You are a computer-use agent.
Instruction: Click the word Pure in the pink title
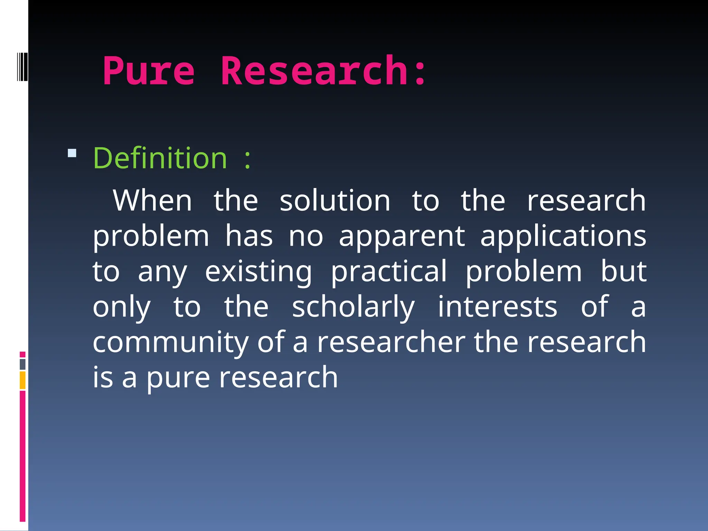pos(149,71)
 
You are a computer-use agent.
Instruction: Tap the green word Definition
pos(160,158)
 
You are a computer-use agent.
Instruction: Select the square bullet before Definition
pos(72,153)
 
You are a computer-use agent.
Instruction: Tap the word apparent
pos(402,237)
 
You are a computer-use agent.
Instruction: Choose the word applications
pos(563,237)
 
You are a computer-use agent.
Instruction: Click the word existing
pos(258,272)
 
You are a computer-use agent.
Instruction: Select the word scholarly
pos(353,308)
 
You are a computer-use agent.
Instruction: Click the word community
pos(170,343)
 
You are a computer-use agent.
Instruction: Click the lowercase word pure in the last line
pos(178,378)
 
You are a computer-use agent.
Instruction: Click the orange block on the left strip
pos(22,380)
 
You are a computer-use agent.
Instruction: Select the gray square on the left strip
pos(22,364)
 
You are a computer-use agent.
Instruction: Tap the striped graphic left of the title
pos(22,66)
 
